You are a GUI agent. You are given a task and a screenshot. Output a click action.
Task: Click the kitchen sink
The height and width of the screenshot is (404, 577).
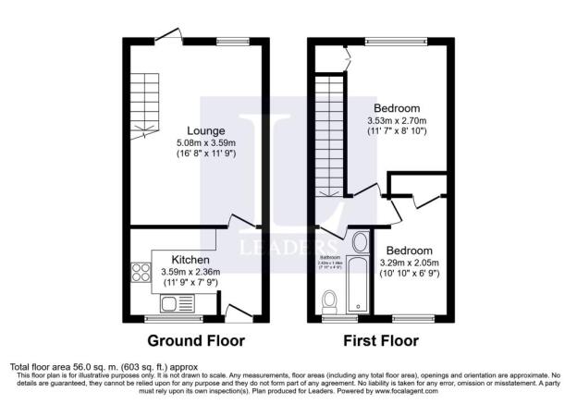171,303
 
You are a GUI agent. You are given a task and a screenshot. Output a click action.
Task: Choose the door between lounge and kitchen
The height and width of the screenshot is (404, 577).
242,221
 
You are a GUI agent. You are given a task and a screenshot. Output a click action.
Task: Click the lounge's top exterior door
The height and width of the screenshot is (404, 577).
167,36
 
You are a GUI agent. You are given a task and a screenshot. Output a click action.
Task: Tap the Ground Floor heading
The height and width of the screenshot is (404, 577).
195,340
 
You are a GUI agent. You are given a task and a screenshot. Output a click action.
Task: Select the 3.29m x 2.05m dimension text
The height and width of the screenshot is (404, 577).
408,263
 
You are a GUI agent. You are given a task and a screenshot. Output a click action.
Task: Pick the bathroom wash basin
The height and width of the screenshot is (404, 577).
359,243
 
